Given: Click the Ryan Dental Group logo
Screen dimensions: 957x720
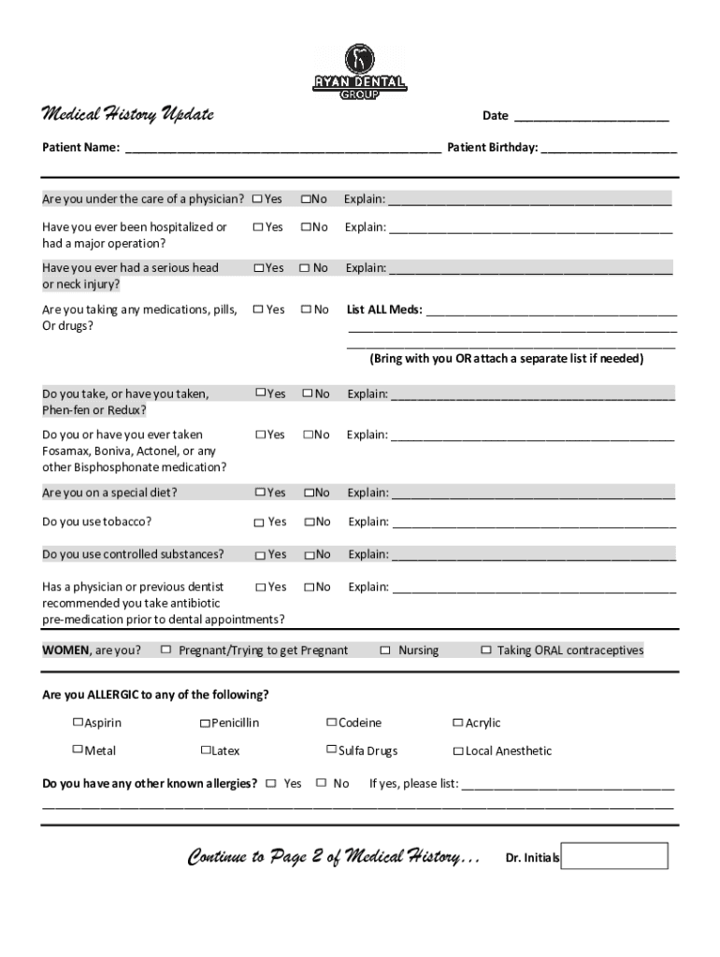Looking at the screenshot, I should coord(359,71).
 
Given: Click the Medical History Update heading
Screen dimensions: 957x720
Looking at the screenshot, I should coord(128,114).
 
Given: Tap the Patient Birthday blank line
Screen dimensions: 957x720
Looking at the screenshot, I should coord(609,148).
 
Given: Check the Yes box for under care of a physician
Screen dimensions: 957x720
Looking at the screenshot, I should coord(257,199).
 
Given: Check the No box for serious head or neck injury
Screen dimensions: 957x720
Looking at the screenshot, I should coord(304,268).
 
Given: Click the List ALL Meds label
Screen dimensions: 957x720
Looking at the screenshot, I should coord(384,309).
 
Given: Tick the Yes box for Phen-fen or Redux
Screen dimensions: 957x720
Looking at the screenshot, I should coord(261,394).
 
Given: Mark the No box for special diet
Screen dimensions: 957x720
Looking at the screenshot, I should coord(308,493).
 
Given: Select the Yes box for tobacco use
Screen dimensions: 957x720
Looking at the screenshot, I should coord(260,522).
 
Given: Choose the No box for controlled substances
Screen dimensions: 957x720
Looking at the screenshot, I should coord(309,555).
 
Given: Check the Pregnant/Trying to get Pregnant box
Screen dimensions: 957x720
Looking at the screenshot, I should coord(166,650).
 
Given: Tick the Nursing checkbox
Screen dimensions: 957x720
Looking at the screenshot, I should coord(385,650).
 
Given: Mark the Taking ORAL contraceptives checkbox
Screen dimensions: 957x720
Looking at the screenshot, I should coord(485,650).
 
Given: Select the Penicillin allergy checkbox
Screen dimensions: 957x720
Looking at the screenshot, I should coord(205,723).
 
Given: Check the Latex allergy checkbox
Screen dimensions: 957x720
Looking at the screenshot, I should coord(205,750).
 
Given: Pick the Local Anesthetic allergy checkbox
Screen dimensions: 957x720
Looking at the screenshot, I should coord(458,751).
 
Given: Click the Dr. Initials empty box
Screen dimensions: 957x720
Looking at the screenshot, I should coord(614,856).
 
